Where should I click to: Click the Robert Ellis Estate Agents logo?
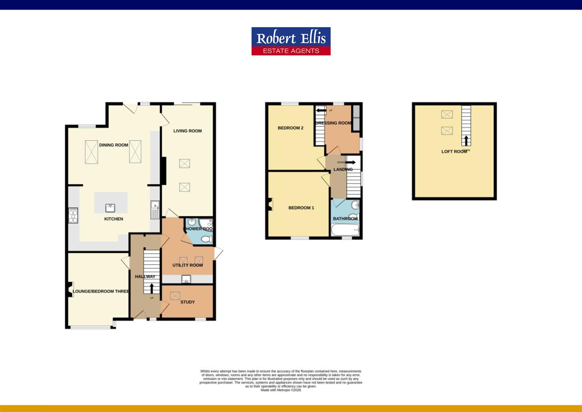(x=291, y=41)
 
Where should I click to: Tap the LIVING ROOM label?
(x=187, y=131)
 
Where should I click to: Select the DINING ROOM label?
(x=114, y=145)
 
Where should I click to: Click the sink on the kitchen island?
(x=110, y=208)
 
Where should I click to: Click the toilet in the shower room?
(x=206, y=239)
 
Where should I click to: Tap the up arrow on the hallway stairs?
(x=152, y=288)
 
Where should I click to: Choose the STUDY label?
(x=187, y=302)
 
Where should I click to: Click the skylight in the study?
(x=175, y=296)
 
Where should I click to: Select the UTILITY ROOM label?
(x=187, y=265)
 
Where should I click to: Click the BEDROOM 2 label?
(x=291, y=128)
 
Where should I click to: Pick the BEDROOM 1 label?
(x=301, y=208)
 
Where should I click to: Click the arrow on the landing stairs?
(x=350, y=162)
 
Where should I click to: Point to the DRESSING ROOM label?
(x=333, y=123)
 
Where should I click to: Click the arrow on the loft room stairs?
(x=466, y=140)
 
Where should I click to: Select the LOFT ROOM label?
(x=454, y=151)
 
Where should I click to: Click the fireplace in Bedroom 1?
(x=270, y=204)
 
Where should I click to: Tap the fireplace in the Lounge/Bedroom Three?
(x=70, y=289)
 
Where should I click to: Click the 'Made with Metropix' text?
(x=281, y=390)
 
